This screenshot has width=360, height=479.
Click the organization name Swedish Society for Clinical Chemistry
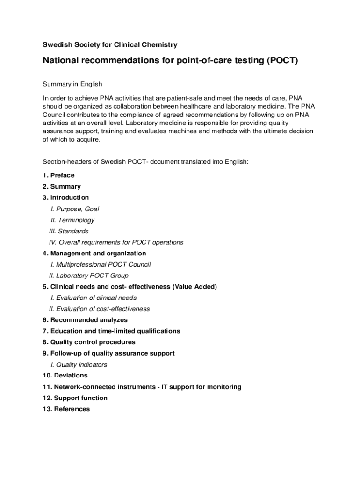[x=110, y=45]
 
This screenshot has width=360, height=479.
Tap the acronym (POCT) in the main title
[x=282, y=61]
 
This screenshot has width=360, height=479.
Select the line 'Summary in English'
[x=72, y=84]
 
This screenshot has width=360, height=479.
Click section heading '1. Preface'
[x=58, y=175]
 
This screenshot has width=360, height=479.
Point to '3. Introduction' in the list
[x=65, y=197]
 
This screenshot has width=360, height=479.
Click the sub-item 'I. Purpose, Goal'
[x=75, y=209]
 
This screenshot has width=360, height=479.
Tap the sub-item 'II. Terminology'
[x=72, y=220]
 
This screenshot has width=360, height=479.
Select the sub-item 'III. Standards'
[x=69, y=231]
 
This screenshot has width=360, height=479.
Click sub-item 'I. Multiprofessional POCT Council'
[x=101, y=264]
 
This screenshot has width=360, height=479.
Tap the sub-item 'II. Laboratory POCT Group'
[x=88, y=276]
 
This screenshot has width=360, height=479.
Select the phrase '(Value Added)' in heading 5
[x=194, y=287]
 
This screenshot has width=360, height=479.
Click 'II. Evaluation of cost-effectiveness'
[x=99, y=309]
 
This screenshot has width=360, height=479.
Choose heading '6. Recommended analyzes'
[x=85, y=320]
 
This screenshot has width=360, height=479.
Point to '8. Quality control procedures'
[x=89, y=342]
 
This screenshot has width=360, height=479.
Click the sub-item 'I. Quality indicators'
[x=79, y=364]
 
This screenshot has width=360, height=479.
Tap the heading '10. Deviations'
[x=65, y=376]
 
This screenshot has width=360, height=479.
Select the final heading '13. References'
[x=66, y=409]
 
